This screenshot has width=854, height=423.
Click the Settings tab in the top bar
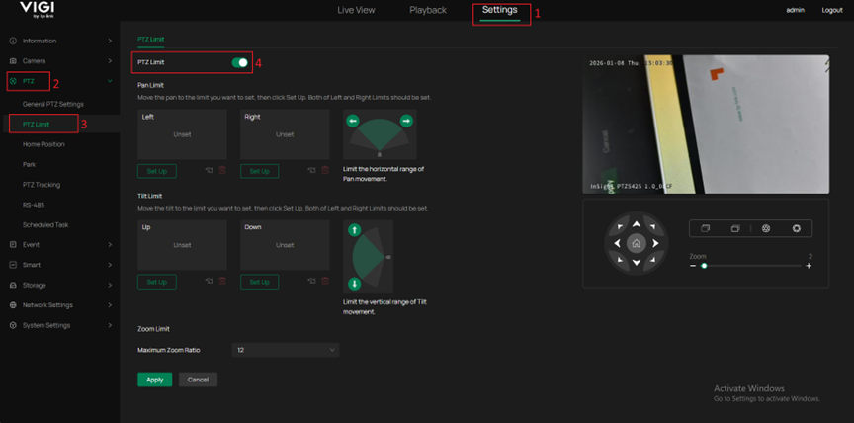pyautogui.click(x=500, y=10)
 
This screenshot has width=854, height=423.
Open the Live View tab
pyautogui.click(x=356, y=10)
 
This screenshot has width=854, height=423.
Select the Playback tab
pyautogui.click(x=428, y=10)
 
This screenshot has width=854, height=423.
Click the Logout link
pyautogui.click(x=832, y=10)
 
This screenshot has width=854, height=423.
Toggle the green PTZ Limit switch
pyautogui.click(x=240, y=62)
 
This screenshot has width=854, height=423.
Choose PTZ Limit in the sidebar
pyautogui.click(x=37, y=125)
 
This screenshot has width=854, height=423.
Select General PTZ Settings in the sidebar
pyautogui.click(x=53, y=104)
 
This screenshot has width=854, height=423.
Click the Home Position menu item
pyautogui.click(x=43, y=144)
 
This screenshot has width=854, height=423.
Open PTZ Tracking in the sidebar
pyautogui.click(x=42, y=185)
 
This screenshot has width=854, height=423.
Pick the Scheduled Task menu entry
pyautogui.click(x=45, y=224)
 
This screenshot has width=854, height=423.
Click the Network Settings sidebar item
pyautogui.click(x=47, y=305)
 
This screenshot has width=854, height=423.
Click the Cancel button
pyautogui.click(x=198, y=380)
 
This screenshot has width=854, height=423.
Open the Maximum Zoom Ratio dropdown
pyautogui.click(x=286, y=350)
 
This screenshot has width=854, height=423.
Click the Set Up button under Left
pyautogui.click(x=156, y=171)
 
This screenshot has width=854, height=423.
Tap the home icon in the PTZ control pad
pyautogui.click(x=637, y=243)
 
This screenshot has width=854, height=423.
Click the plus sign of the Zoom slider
pyautogui.click(x=809, y=266)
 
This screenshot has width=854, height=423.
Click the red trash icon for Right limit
pyautogui.click(x=324, y=171)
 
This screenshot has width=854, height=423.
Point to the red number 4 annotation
pyautogui.click(x=258, y=63)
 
